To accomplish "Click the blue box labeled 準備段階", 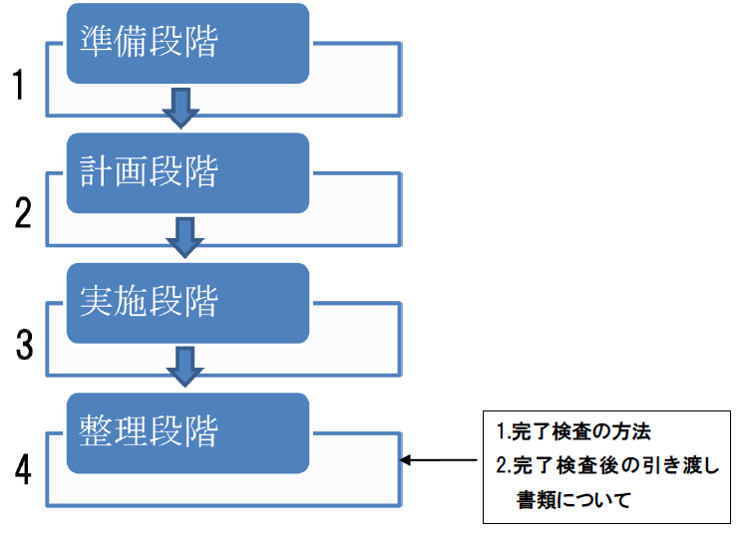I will (187, 44).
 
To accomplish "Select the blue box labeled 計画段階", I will (187, 173).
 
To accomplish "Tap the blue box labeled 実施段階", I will (187, 303).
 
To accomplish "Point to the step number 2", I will (23, 213).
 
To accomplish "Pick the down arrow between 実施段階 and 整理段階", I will (184, 366).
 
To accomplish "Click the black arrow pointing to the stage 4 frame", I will (439, 460).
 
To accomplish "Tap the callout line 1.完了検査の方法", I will (573, 433).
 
